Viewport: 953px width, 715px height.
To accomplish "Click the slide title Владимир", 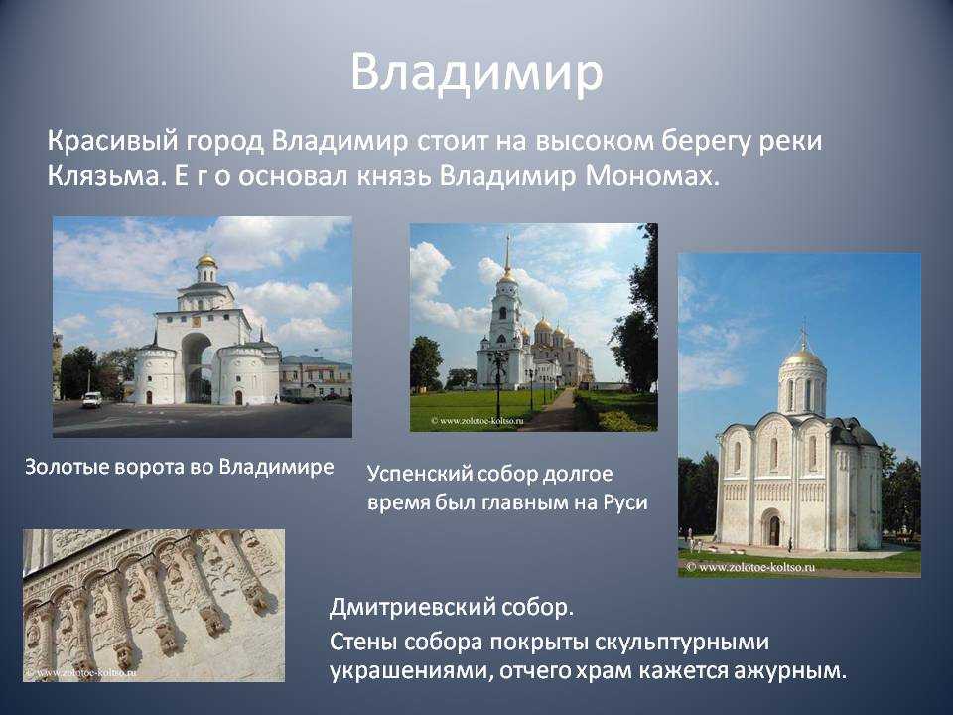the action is tap(476, 72).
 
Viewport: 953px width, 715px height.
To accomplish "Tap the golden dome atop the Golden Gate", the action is tap(206, 261).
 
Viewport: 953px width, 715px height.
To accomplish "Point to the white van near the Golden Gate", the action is tap(91, 399).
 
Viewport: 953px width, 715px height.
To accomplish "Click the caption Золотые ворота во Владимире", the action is tap(180, 467).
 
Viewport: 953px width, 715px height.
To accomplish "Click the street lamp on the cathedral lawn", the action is tap(498, 384).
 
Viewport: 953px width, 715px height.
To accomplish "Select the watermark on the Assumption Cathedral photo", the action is tap(477, 420).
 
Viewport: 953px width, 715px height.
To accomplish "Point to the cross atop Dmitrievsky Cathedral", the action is tap(803, 333).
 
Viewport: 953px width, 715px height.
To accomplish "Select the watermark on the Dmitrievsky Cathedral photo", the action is tap(750, 567).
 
